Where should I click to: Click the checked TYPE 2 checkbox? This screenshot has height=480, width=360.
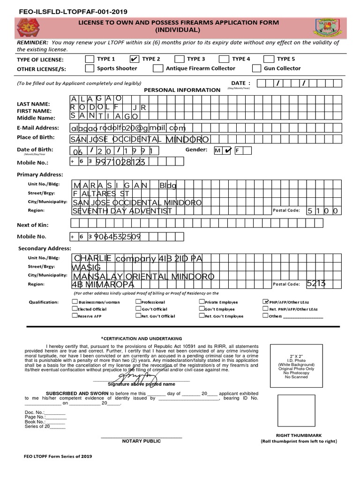point(134,59)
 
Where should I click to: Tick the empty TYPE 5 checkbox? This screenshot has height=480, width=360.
point(269,59)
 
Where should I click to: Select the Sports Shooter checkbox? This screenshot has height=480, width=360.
point(89,68)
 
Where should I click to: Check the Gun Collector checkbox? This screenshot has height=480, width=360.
point(256,68)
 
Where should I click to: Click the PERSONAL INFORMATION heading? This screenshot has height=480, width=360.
point(182,90)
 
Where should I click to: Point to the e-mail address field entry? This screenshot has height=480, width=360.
point(128,128)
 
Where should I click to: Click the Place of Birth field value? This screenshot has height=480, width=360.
point(139,139)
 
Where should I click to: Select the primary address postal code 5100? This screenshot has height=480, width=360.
point(322,211)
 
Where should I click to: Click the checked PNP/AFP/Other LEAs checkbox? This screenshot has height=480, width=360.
point(266,302)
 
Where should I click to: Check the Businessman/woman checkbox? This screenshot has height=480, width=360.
point(75,302)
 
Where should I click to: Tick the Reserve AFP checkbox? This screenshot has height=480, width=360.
point(75,316)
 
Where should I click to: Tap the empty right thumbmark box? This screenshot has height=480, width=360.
point(296,410)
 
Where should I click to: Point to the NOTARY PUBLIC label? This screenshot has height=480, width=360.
point(141,441)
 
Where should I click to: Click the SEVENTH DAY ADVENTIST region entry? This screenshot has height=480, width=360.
point(122,211)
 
